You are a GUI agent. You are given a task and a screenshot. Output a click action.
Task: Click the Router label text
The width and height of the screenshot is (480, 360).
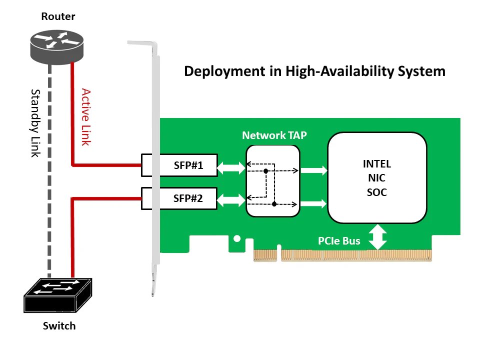click(x=58, y=16)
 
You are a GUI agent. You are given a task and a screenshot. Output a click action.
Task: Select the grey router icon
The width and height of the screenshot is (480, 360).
click(x=57, y=47)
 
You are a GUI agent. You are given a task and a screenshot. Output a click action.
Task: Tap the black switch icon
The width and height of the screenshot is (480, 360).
click(x=58, y=295)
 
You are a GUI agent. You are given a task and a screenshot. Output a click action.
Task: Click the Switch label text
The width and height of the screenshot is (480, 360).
click(x=59, y=325)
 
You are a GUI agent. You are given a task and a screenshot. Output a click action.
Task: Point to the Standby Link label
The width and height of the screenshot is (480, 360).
click(x=35, y=123)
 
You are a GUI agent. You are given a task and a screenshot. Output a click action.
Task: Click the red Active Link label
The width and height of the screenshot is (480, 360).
click(x=86, y=117)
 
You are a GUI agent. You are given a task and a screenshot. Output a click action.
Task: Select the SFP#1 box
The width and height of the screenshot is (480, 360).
click(x=179, y=165)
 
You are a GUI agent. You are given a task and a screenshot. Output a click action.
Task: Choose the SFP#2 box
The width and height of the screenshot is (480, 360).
click(x=179, y=198)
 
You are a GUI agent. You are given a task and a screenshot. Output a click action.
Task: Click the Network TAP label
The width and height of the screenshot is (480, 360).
click(x=274, y=135)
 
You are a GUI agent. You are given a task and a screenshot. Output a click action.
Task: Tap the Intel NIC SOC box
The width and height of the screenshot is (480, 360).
click(x=377, y=178)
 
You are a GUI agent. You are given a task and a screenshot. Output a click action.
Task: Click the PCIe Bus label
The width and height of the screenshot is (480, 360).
click(x=339, y=241)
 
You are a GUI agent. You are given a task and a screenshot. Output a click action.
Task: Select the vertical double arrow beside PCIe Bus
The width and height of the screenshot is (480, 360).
click(x=377, y=237)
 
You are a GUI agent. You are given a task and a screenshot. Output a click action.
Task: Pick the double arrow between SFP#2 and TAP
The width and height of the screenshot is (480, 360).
click(x=231, y=200)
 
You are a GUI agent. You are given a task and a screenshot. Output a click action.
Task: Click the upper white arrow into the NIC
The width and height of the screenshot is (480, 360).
click(x=314, y=170)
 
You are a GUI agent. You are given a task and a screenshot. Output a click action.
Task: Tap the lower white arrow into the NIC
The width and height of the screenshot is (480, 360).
click(x=314, y=203)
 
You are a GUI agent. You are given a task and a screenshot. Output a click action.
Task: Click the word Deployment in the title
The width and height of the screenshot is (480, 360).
click(x=225, y=71)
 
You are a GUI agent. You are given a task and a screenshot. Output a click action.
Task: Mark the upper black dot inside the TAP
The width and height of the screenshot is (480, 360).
click(x=265, y=171)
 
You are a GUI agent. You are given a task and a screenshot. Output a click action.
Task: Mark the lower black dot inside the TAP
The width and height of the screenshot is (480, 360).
click(x=274, y=204)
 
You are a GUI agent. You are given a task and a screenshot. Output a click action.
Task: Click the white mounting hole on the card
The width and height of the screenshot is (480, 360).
click(x=237, y=238)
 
